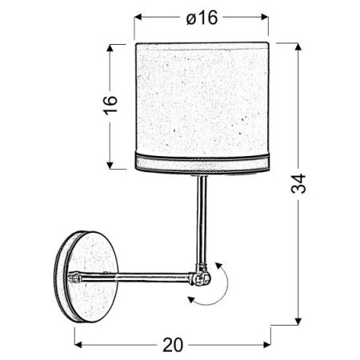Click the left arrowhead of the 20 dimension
[x=78, y=344]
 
